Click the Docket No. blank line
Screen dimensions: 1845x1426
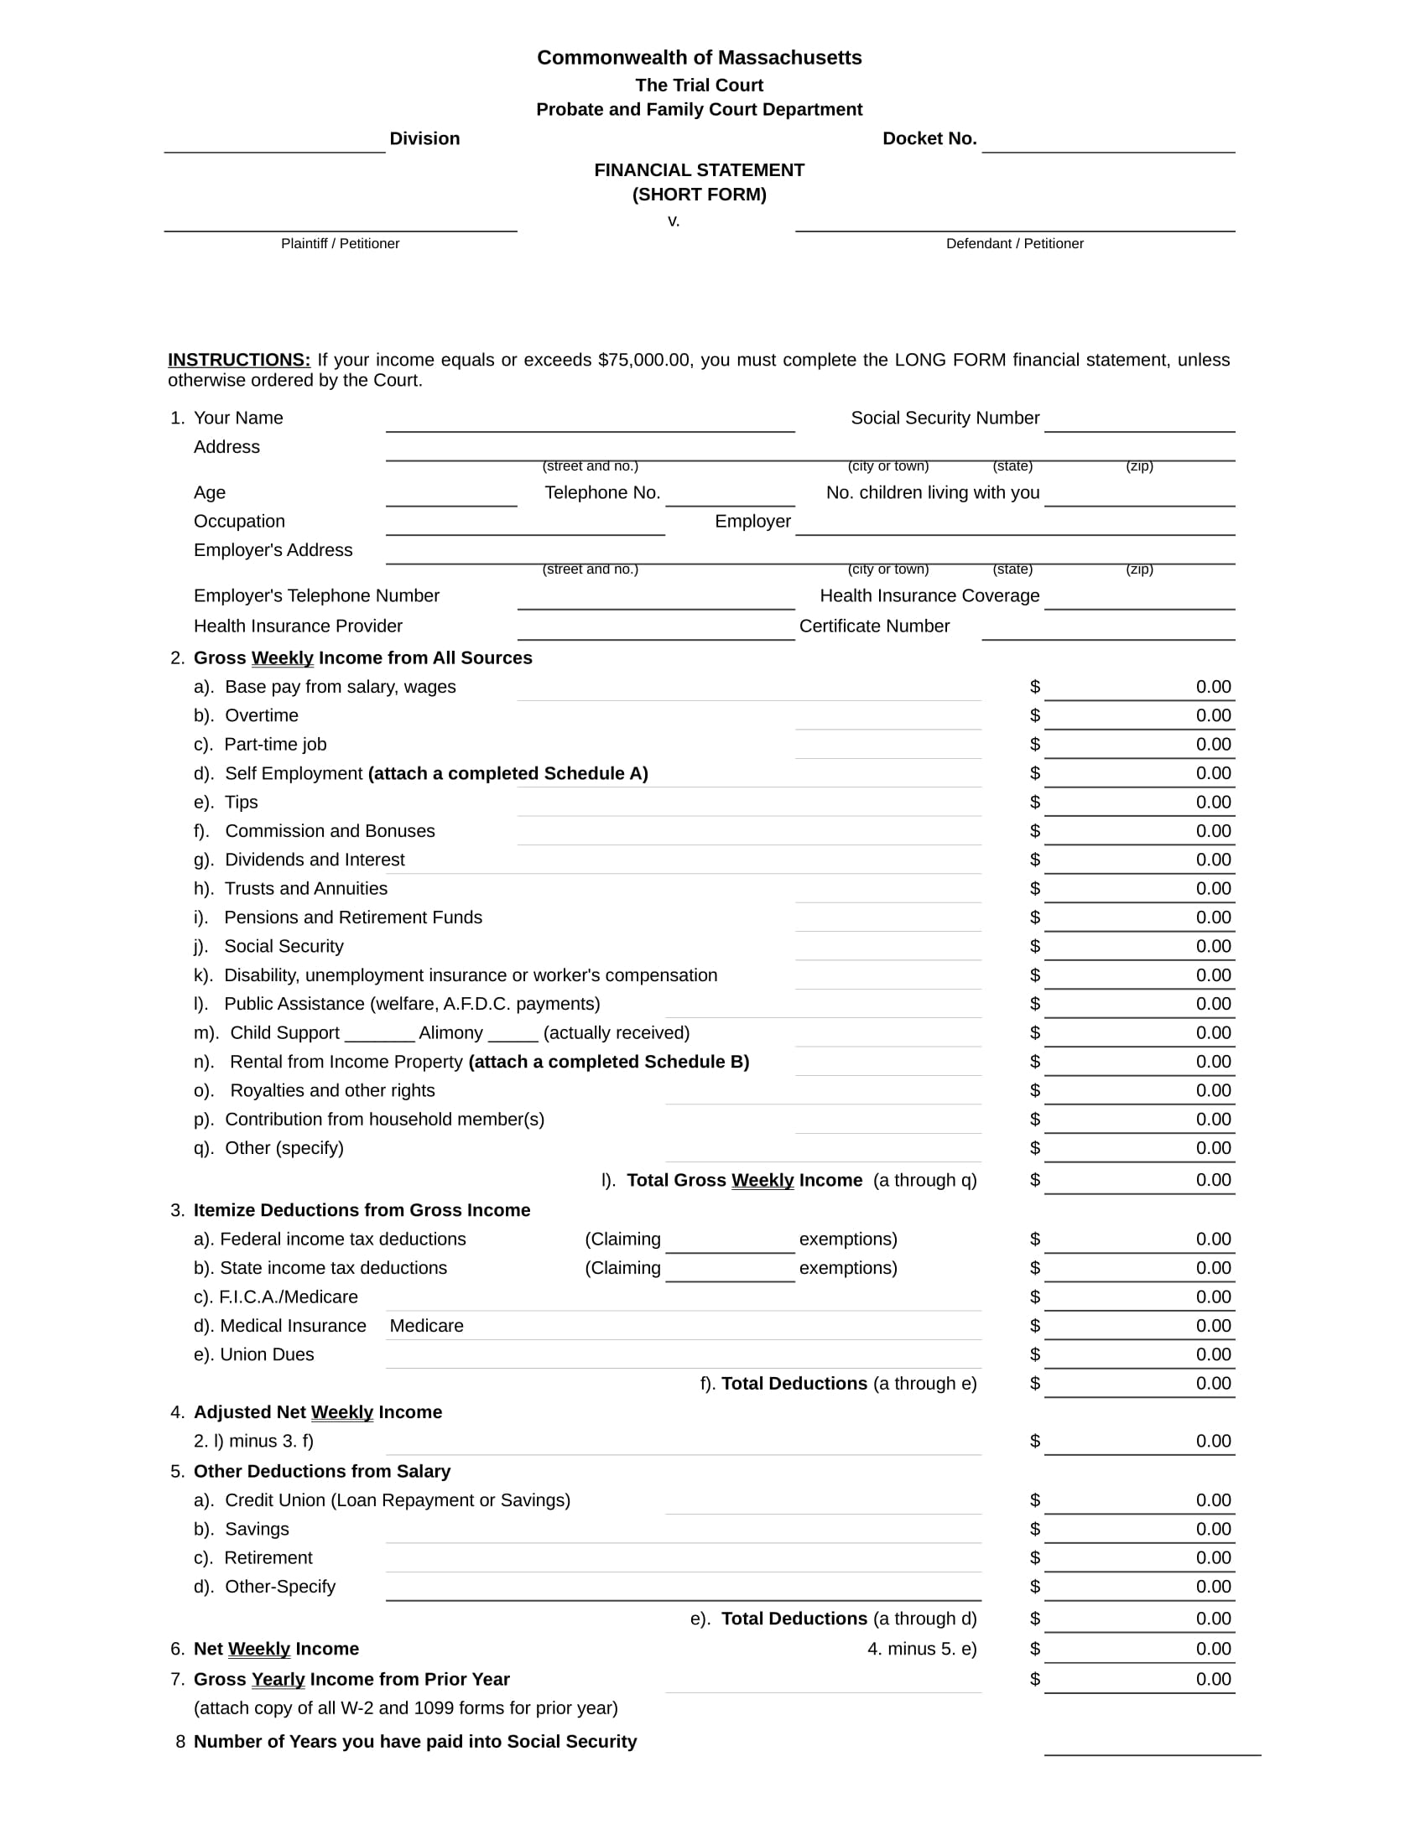tap(1107, 142)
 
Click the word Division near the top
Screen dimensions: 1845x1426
tap(424, 138)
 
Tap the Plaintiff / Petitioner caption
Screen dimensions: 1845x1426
tap(340, 243)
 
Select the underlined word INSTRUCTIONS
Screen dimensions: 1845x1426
tap(239, 360)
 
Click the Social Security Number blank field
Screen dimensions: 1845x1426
tap(1139, 421)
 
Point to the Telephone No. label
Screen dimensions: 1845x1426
tap(601, 492)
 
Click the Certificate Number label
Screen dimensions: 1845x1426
tap(873, 626)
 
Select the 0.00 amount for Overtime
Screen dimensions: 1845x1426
tap(1213, 715)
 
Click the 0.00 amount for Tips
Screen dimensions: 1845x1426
tap(1213, 802)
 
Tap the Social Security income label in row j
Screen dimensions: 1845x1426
tap(283, 946)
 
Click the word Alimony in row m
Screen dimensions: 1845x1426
tap(450, 1032)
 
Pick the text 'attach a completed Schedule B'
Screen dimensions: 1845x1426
tap(608, 1062)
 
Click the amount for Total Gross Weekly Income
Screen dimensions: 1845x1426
tap(1213, 1180)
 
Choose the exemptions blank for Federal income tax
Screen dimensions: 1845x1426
tap(729, 1241)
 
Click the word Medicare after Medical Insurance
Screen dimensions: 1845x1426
tap(426, 1325)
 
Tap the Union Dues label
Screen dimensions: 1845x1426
tap(266, 1354)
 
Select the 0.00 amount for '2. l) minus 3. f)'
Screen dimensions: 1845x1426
tap(1213, 1441)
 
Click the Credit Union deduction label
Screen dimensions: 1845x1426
tap(397, 1500)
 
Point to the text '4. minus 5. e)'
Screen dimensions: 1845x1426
tap(922, 1649)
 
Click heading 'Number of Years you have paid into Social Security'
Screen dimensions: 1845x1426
tap(414, 1742)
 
